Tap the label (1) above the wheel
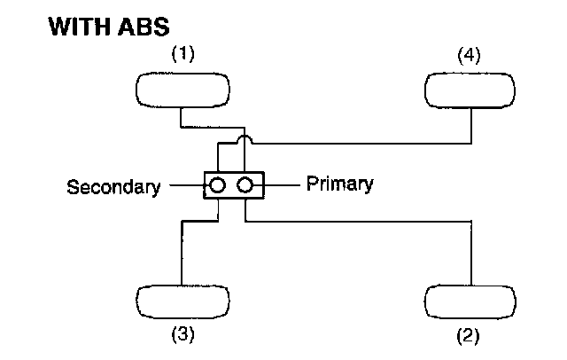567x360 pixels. point(183,55)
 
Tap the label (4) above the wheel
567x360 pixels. point(470,55)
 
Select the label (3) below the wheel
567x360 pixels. point(183,334)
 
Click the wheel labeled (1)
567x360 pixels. point(183,90)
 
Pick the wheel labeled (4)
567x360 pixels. point(470,90)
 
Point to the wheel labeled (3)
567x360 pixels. point(183,301)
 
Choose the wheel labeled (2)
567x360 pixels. point(470,301)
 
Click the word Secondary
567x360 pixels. point(114,187)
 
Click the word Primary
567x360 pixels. point(339,184)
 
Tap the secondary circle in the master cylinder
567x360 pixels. point(218,186)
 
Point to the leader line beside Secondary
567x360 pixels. point(187,186)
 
